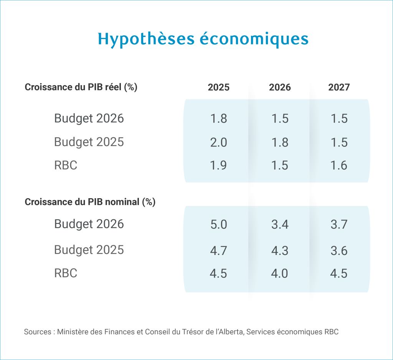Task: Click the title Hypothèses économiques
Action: [x=203, y=39]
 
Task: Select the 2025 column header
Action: [x=218, y=87]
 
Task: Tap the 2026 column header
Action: [x=280, y=87]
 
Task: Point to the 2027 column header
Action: [x=339, y=87]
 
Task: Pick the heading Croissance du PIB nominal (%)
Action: [x=90, y=202]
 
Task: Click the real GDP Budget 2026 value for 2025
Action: [x=218, y=118]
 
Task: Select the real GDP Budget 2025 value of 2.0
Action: [x=218, y=142]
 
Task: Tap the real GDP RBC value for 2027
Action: [x=339, y=165]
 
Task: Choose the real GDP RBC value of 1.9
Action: [x=218, y=165]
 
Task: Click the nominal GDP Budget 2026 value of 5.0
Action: [x=218, y=224]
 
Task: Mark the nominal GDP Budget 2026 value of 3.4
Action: [x=280, y=224]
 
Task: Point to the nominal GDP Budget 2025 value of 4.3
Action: [x=280, y=250]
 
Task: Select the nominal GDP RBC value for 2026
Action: [x=280, y=273]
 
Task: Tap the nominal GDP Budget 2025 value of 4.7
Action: [x=218, y=250]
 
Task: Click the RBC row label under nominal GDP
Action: [x=66, y=273]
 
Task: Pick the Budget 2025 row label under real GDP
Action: [x=89, y=142]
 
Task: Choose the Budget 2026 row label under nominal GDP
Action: [x=89, y=224]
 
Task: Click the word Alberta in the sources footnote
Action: [x=232, y=332]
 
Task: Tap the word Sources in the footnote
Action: [x=37, y=332]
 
